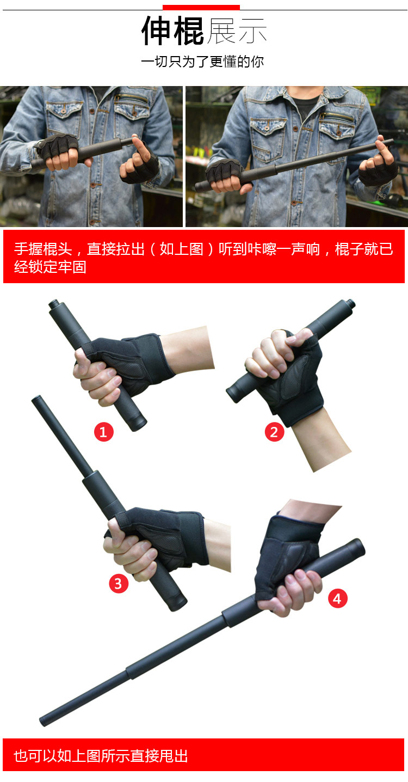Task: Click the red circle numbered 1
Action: [103, 432]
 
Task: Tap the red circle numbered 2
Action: [274, 432]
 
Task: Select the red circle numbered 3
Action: [119, 583]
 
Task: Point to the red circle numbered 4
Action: [337, 598]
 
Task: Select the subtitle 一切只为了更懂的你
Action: [202, 62]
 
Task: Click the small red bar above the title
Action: [201, 7]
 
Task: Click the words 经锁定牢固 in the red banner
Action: [50, 267]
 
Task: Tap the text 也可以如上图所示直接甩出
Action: [101, 756]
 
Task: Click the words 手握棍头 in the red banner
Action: [43, 249]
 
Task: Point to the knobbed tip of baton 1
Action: [54, 304]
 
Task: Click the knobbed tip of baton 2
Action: [350, 304]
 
